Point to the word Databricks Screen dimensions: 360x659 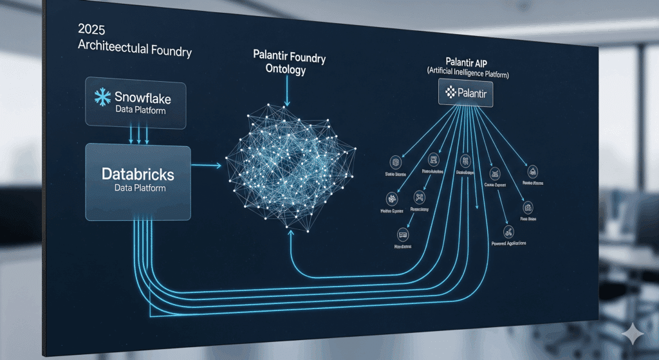[138, 174]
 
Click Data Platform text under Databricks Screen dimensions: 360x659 [140, 188]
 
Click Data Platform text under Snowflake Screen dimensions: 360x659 [140, 111]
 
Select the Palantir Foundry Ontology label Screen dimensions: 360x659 [289, 64]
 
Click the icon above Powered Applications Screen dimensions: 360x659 [508, 231]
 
